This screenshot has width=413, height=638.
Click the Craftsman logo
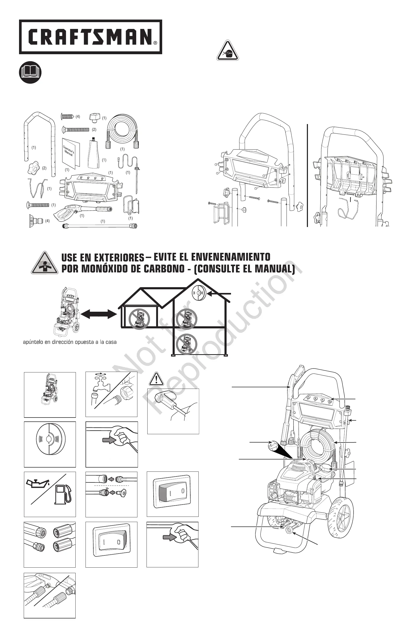click(x=91, y=37)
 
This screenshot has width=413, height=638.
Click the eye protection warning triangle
click(x=228, y=51)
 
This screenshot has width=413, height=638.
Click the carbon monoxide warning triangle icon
click(x=45, y=263)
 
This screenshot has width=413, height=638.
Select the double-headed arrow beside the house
click(x=99, y=314)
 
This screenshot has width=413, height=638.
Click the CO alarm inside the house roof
click(x=199, y=293)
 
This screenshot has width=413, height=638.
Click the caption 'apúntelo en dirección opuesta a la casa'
click(x=70, y=342)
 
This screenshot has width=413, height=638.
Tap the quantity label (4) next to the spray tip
click(x=47, y=221)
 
